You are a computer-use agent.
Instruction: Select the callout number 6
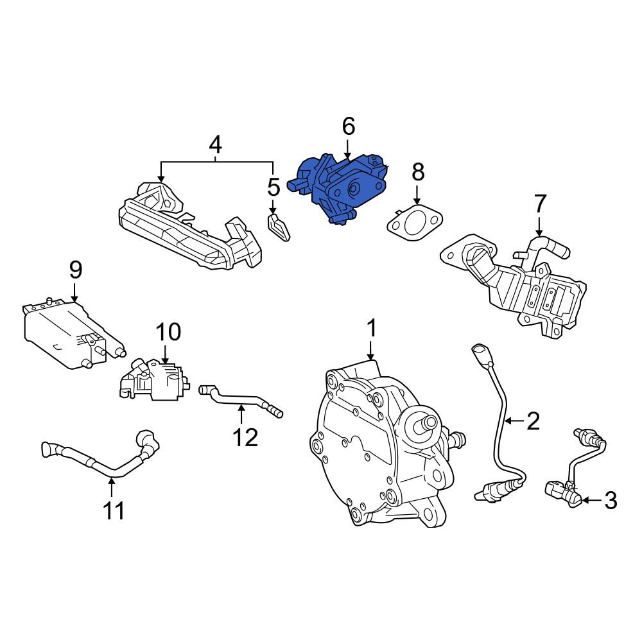(348, 126)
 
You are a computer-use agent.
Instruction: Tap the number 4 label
(215, 144)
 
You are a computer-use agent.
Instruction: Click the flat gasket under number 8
(414, 224)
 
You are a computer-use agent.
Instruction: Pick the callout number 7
(540, 204)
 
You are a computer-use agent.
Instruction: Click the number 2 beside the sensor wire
(533, 421)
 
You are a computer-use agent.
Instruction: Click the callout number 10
(168, 332)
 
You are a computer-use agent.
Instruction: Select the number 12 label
(245, 437)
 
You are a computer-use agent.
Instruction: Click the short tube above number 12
(241, 401)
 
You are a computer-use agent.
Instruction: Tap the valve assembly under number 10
(154, 379)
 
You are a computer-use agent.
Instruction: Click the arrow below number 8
(417, 195)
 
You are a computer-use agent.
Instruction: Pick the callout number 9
(75, 270)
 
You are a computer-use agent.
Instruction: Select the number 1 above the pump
(370, 329)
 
